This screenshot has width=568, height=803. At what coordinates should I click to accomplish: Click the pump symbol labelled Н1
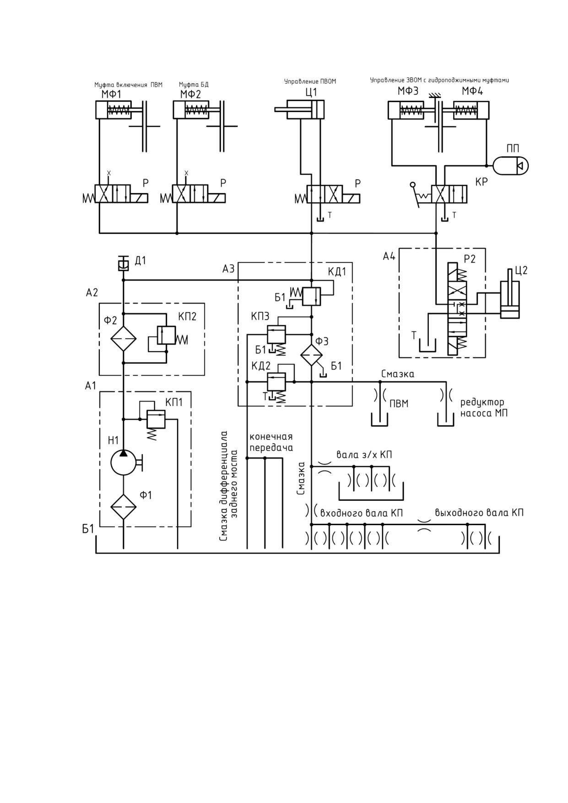tap(124, 462)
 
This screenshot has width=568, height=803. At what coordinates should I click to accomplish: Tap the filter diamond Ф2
tap(124, 339)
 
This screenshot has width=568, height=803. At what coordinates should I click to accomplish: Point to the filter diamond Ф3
tap(311, 355)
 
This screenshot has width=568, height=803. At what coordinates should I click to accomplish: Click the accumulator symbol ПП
tap(511, 165)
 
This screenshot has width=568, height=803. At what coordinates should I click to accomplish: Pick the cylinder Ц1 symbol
tap(299, 109)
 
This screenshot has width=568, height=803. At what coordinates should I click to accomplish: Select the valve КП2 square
tap(166, 335)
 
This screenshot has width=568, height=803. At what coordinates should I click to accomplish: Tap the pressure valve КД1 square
tap(312, 296)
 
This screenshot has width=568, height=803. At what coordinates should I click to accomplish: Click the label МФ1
tap(111, 95)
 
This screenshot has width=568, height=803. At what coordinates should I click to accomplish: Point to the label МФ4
tap(472, 91)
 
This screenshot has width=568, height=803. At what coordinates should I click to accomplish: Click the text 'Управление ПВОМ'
tap(310, 81)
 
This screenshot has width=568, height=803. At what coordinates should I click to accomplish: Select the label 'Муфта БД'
tap(194, 85)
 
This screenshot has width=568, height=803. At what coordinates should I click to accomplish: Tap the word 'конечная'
tap(271, 436)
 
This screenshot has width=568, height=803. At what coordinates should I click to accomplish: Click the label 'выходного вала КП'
tap(479, 512)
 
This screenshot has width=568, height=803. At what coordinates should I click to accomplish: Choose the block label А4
tap(389, 256)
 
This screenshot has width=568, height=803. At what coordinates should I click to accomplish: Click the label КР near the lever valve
tap(481, 182)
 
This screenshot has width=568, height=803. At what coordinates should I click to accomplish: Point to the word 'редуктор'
tap(482, 402)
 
